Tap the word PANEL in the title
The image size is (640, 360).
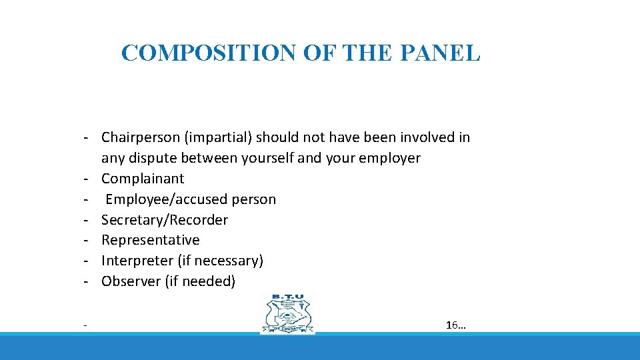(x=444, y=53)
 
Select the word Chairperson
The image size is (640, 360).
(x=141, y=138)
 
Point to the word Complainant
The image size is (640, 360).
(x=143, y=179)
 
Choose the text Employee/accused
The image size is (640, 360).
(x=167, y=199)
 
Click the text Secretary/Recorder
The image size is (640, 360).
(x=165, y=220)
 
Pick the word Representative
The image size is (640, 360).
(x=151, y=240)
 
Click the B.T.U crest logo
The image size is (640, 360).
(x=287, y=314)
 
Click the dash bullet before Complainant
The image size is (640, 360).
(x=87, y=179)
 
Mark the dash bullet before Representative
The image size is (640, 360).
(x=87, y=240)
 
